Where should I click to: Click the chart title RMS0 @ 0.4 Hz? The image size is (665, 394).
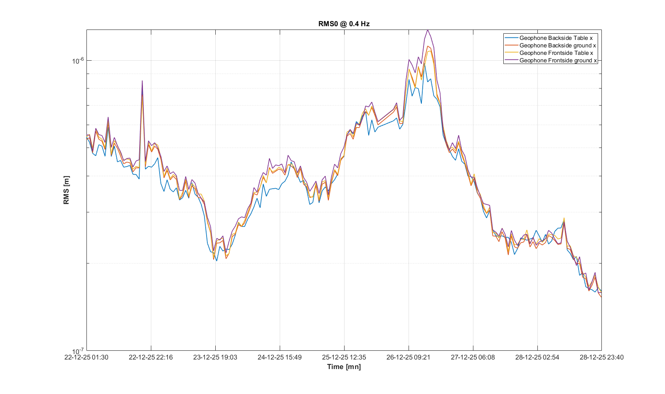[344, 24]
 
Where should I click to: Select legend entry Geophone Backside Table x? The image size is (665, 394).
[556, 38]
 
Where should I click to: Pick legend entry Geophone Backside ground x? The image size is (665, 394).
[557, 45]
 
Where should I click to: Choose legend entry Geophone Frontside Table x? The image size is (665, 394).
[556, 53]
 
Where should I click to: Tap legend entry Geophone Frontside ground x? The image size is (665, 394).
[558, 60]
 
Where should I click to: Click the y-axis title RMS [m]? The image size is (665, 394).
[66, 190]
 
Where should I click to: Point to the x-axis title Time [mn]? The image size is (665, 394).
[344, 367]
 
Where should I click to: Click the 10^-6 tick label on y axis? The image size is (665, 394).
[78, 61]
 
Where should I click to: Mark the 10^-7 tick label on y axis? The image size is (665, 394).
[78, 351]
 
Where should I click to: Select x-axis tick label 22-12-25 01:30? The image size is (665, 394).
[86, 357]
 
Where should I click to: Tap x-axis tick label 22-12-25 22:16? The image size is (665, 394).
[151, 357]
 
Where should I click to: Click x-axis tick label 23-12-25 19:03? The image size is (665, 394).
[215, 357]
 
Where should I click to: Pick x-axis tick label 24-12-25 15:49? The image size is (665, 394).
[280, 357]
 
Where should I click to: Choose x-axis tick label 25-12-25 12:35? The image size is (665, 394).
[344, 357]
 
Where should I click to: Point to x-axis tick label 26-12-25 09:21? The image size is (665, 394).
[409, 357]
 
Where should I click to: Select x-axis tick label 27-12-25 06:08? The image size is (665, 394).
[473, 357]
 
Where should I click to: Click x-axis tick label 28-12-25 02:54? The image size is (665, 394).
[537, 357]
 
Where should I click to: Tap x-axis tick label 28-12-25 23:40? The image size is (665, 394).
[601, 357]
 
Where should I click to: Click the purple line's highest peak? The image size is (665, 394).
[428, 30]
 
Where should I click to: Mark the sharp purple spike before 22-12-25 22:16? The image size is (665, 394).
[142, 81]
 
